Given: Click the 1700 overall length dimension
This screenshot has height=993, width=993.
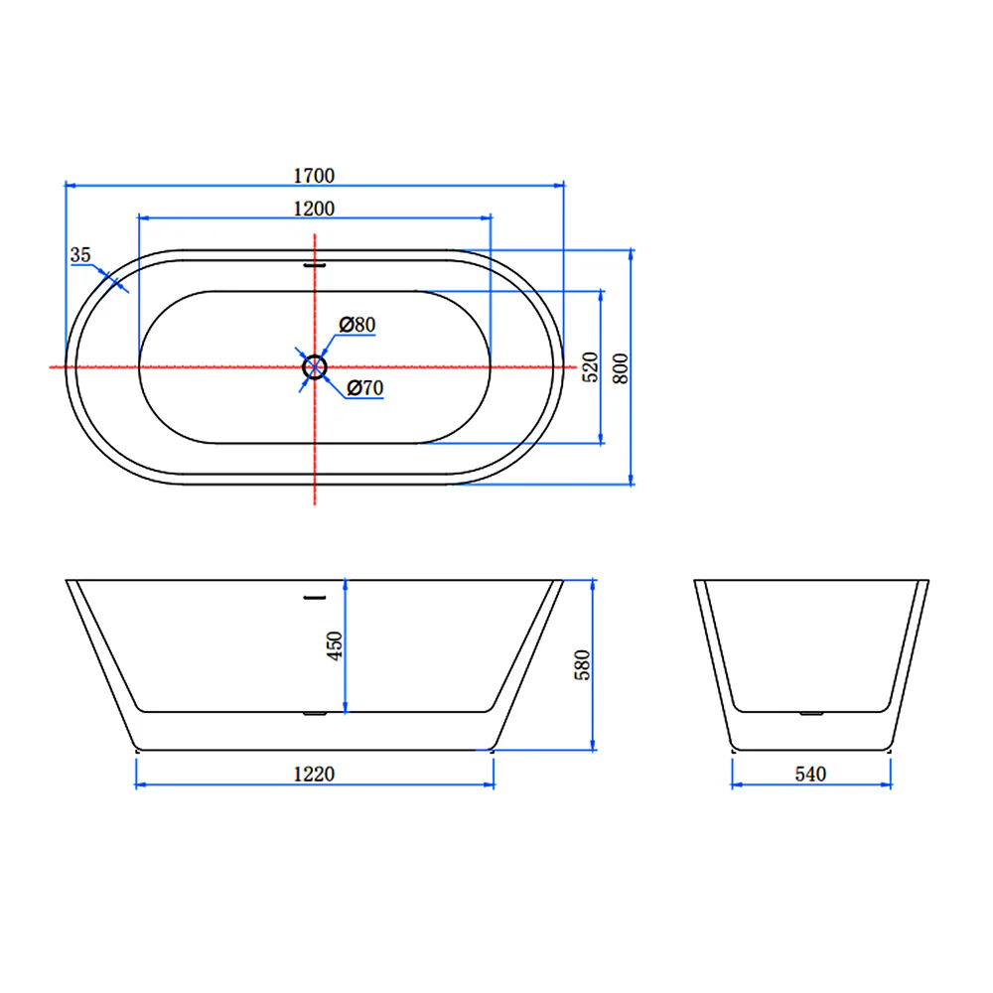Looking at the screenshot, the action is click(314, 176).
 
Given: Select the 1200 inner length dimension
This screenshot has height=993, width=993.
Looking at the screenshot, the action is click(314, 209).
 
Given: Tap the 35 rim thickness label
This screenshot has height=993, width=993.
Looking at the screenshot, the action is click(80, 254).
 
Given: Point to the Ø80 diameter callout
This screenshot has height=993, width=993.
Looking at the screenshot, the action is click(357, 325).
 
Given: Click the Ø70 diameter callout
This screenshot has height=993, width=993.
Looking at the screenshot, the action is click(365, 387).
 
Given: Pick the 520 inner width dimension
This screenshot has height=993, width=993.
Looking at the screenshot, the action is click(590, 366).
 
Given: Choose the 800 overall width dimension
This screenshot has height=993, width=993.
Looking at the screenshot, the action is click(620, 368).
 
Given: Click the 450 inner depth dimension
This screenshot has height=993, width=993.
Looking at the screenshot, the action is click(334, 645).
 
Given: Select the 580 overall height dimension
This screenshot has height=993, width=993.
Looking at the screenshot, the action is click(581, 664).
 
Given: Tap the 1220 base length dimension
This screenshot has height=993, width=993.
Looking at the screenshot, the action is click(314, 774).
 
